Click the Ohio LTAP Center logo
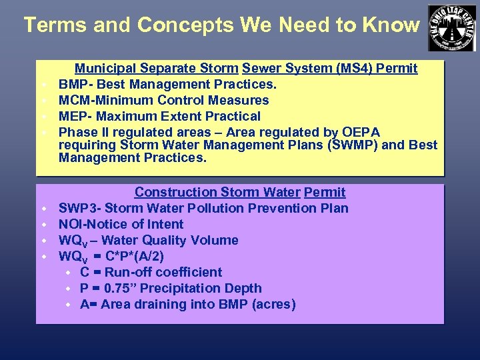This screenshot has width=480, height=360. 452,27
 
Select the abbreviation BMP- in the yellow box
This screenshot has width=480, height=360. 75,84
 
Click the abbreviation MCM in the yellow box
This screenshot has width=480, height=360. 73,100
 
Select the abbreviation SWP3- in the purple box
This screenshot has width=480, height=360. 79,208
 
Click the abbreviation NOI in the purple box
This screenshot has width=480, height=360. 71,224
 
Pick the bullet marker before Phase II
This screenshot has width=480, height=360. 42,133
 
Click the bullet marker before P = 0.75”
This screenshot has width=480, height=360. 69,289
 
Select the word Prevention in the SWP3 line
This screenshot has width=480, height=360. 280,208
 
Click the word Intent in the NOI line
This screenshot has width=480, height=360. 164,224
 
